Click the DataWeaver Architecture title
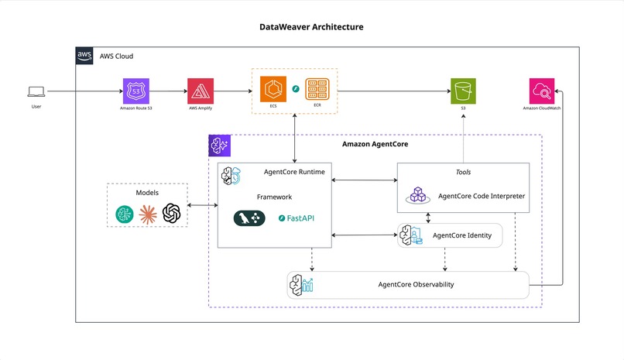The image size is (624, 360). (x=311, y=27)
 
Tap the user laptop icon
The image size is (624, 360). (x=36, y=91)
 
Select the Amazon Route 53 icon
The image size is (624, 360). (x=136, y=91)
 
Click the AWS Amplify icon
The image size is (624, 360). (x=200, y=91)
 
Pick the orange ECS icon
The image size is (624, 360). (x=273, y=89)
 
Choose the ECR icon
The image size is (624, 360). (x=317, y=89)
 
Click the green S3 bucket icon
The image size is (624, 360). (x=464, y=91)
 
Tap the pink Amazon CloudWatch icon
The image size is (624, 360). (x=541, y=91)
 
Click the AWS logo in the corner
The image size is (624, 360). (x=84, y=56)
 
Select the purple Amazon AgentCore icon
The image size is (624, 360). (x=219, y=146)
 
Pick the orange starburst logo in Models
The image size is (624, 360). (x=148, y=213)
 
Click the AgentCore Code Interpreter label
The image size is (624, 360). (x=481, y=196)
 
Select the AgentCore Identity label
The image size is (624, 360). (x=461, y=235)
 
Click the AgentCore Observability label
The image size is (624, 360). (x=416, y=284)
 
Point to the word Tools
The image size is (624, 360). (x=463, y=172)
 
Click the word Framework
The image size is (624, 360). (x=274, y=197)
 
